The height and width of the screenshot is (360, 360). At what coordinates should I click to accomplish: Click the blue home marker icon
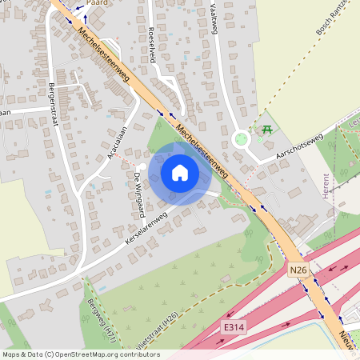(180, 172)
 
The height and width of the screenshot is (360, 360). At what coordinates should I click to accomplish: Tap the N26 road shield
(298, 270)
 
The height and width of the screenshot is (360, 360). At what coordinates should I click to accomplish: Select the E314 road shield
(231, 326)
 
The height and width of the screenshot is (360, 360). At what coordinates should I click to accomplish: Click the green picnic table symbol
(266, 129)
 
